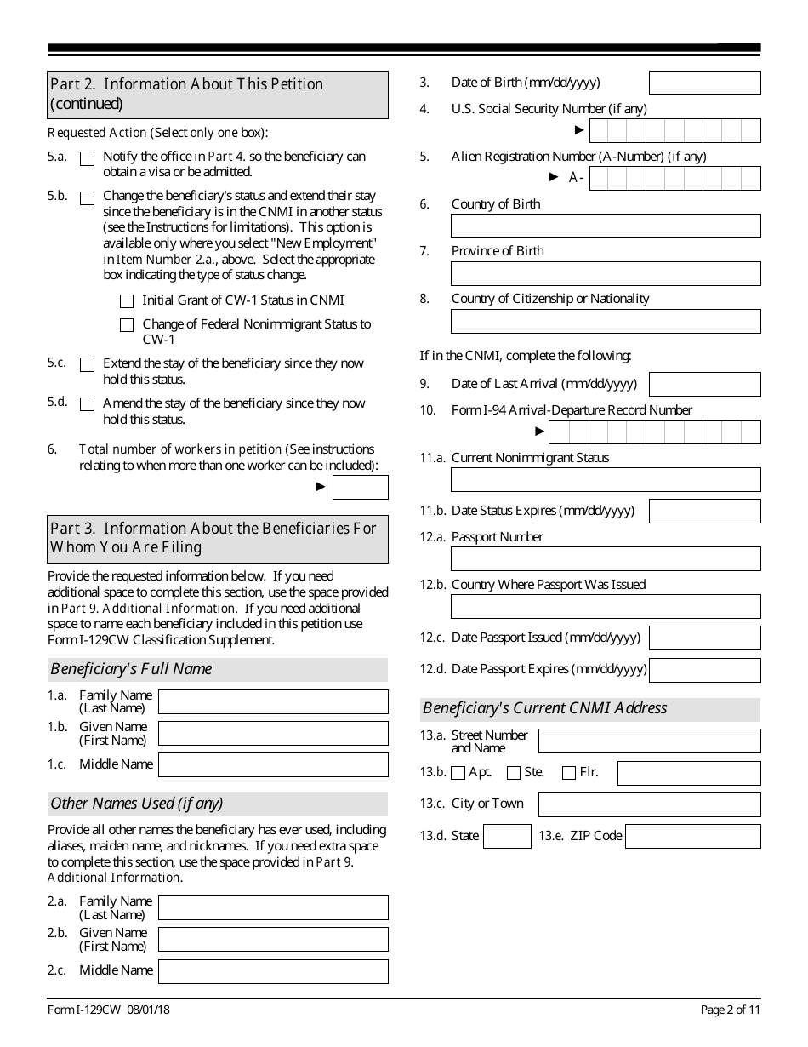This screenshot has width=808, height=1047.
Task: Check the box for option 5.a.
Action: click(87, 158)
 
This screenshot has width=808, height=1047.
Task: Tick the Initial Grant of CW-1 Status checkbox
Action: click(127, 301)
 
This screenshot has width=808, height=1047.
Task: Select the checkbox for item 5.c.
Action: click(87, 364)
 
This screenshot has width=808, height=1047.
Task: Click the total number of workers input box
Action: click(360, 487)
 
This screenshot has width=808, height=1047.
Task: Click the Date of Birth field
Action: click(704, 83)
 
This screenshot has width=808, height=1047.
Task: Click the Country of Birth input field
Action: click(605, 226)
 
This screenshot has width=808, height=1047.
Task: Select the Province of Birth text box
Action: click(605, 273)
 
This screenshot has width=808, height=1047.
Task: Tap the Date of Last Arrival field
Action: click(704, 384)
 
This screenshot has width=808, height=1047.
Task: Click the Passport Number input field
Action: click(605, 558)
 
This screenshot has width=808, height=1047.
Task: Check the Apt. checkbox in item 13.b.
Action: click(458, 773)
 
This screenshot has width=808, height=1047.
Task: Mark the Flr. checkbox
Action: click(569, 773)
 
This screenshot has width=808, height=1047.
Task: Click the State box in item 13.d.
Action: click(507, 836)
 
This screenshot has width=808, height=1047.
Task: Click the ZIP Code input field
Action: click(692, 836)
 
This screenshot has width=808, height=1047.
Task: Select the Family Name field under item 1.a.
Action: click(273, 701)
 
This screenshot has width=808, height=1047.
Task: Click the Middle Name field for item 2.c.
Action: click(273, 971)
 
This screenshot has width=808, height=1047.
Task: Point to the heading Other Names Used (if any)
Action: click(137, 804)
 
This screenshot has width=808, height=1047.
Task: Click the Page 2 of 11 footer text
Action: click(731, 1010)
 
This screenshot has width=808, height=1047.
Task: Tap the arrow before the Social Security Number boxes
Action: click(579, 130)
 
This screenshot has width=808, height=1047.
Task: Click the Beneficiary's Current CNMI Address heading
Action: click(545, 708)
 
